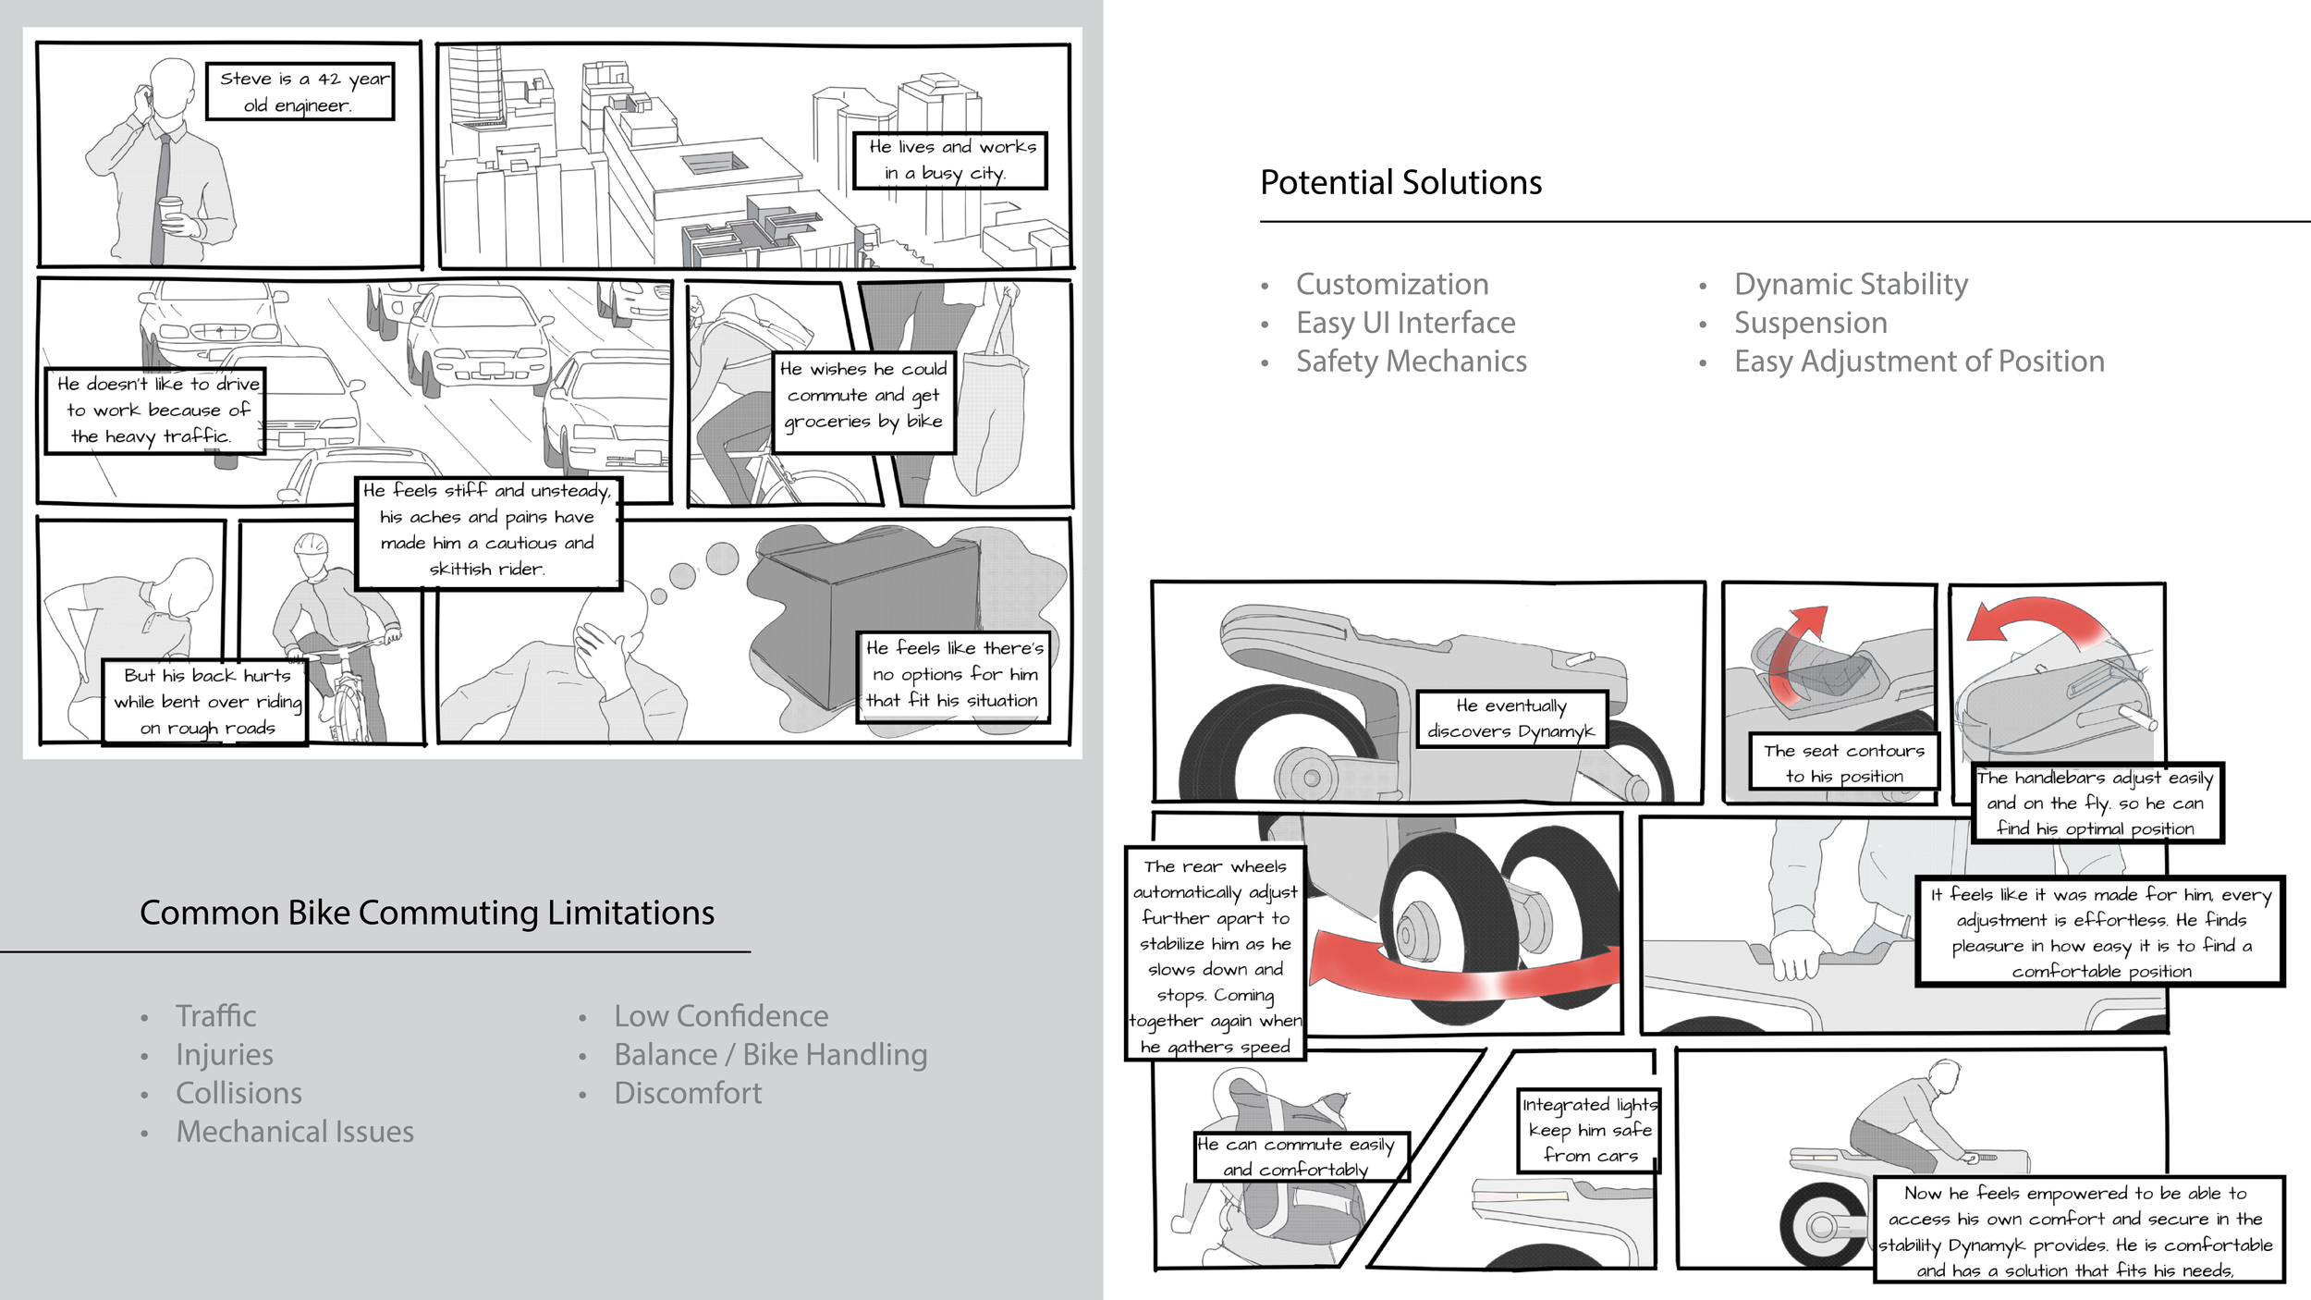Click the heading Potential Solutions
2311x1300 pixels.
point(1400,183)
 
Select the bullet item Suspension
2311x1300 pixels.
point(1810,323)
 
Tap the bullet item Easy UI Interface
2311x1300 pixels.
point(1405,323)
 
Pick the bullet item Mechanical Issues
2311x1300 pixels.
point(295,1132)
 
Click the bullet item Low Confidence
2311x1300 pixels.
point(721,1016)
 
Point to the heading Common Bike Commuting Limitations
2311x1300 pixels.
point(427,913)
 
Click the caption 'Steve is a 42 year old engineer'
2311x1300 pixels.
point(300,92)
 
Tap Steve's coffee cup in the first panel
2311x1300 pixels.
point(171,214)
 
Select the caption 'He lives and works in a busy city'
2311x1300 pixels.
point(949,160)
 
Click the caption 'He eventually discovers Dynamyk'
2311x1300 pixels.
point(1511,718)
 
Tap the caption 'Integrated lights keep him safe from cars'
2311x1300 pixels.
point(1589,1130)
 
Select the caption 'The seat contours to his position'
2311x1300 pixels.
point(1843,763)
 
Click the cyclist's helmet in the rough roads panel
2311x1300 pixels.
point(312,546)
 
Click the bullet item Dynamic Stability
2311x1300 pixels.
point(1851,284)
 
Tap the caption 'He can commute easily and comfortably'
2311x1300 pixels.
point(1301,1157)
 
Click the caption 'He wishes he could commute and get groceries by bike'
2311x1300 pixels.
point(863,396)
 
